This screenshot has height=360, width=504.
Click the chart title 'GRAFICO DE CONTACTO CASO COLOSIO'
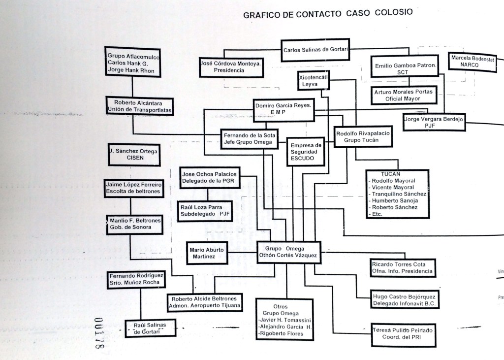coord(328,14)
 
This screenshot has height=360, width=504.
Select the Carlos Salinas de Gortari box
coord(316,50)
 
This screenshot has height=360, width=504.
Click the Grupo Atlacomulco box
coord(131,61)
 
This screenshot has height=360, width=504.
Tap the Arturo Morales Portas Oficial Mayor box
coord(403,95)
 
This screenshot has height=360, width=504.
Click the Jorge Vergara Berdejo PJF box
coord(433,122)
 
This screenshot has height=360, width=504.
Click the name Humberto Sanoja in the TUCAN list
coord(394,200)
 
